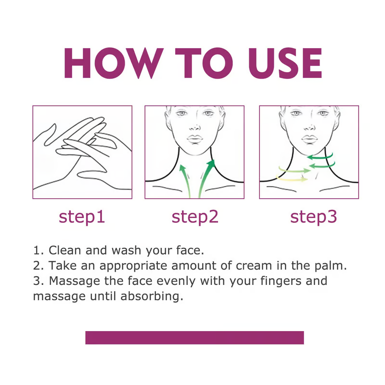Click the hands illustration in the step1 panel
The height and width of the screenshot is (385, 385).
click(x=82, y=152)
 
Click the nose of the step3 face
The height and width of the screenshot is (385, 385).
click(x=308, y=128)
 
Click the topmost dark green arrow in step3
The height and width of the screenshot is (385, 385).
click(x=320, y=156)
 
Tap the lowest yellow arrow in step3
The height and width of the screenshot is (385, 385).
click(x=294, y=180)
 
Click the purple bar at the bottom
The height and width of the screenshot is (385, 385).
click(x=194, y=337)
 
